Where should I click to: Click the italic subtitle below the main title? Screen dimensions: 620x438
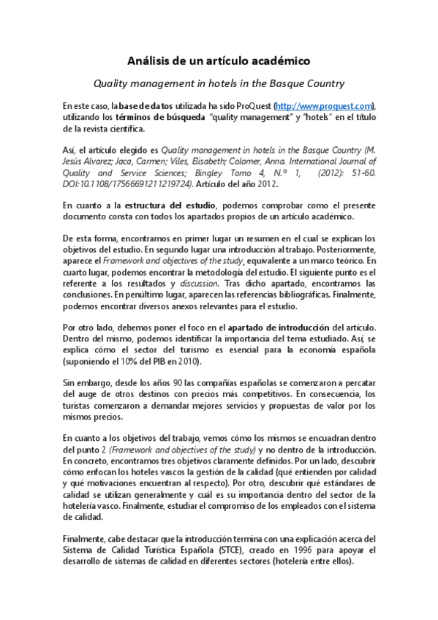click(219, 83)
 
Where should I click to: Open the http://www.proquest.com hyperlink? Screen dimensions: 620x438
click(324, 106)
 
